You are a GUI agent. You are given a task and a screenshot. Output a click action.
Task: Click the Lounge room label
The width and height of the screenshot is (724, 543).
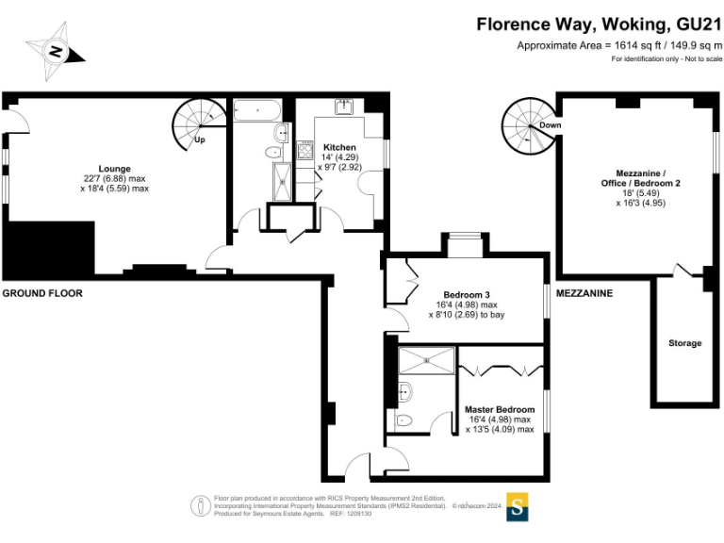coord(114,169)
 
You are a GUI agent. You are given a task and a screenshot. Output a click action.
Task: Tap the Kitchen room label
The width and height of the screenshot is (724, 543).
coord(339,148)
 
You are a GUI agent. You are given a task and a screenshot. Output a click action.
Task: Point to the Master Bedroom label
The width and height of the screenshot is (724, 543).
coord(500,409)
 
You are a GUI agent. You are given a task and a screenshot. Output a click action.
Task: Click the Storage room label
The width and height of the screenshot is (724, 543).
coord(684,343)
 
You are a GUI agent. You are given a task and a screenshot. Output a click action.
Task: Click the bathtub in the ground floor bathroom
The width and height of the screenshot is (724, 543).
coord(257,110)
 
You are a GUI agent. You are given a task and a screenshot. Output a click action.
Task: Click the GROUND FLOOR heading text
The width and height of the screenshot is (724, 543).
coord(42,293)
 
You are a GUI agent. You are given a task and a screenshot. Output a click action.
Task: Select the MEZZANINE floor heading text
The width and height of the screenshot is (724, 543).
coord(584,293)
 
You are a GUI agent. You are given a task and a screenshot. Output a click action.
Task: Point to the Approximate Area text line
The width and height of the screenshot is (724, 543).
coord(618,45)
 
